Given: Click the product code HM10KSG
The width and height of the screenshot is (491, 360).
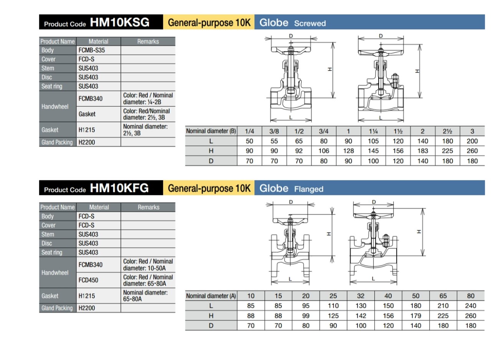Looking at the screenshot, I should tap(119, 22).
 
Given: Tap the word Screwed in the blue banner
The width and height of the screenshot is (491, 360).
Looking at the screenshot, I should tap(310, 23).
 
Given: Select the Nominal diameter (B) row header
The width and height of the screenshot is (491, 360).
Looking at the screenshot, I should tap(211, 131).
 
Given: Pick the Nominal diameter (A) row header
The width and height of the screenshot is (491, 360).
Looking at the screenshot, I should tap(211, 296).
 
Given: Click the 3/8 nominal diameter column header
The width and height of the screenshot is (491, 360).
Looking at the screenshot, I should tap(274, 131).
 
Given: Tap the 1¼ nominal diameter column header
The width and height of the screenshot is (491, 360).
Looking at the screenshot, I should tap(373, 131).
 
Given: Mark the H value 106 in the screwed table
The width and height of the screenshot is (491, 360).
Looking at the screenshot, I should tap(324, 151).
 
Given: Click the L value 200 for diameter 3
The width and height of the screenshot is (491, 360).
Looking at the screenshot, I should tap(472, 141).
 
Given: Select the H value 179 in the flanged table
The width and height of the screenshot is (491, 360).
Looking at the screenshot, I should tap(416, 316).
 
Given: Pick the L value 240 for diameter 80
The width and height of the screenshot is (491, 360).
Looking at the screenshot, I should tap(471, 306).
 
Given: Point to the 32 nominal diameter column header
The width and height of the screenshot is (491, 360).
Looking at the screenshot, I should tap(361, 296).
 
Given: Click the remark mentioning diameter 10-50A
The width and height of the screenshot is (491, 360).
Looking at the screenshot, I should tap(148, 264).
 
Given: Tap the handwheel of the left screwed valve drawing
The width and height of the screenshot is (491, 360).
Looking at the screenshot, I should tap(291, 50).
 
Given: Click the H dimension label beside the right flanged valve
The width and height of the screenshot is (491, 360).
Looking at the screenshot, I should tap(419, 231).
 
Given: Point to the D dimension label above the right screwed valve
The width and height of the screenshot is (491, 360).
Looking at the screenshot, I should tap(381, 36).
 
